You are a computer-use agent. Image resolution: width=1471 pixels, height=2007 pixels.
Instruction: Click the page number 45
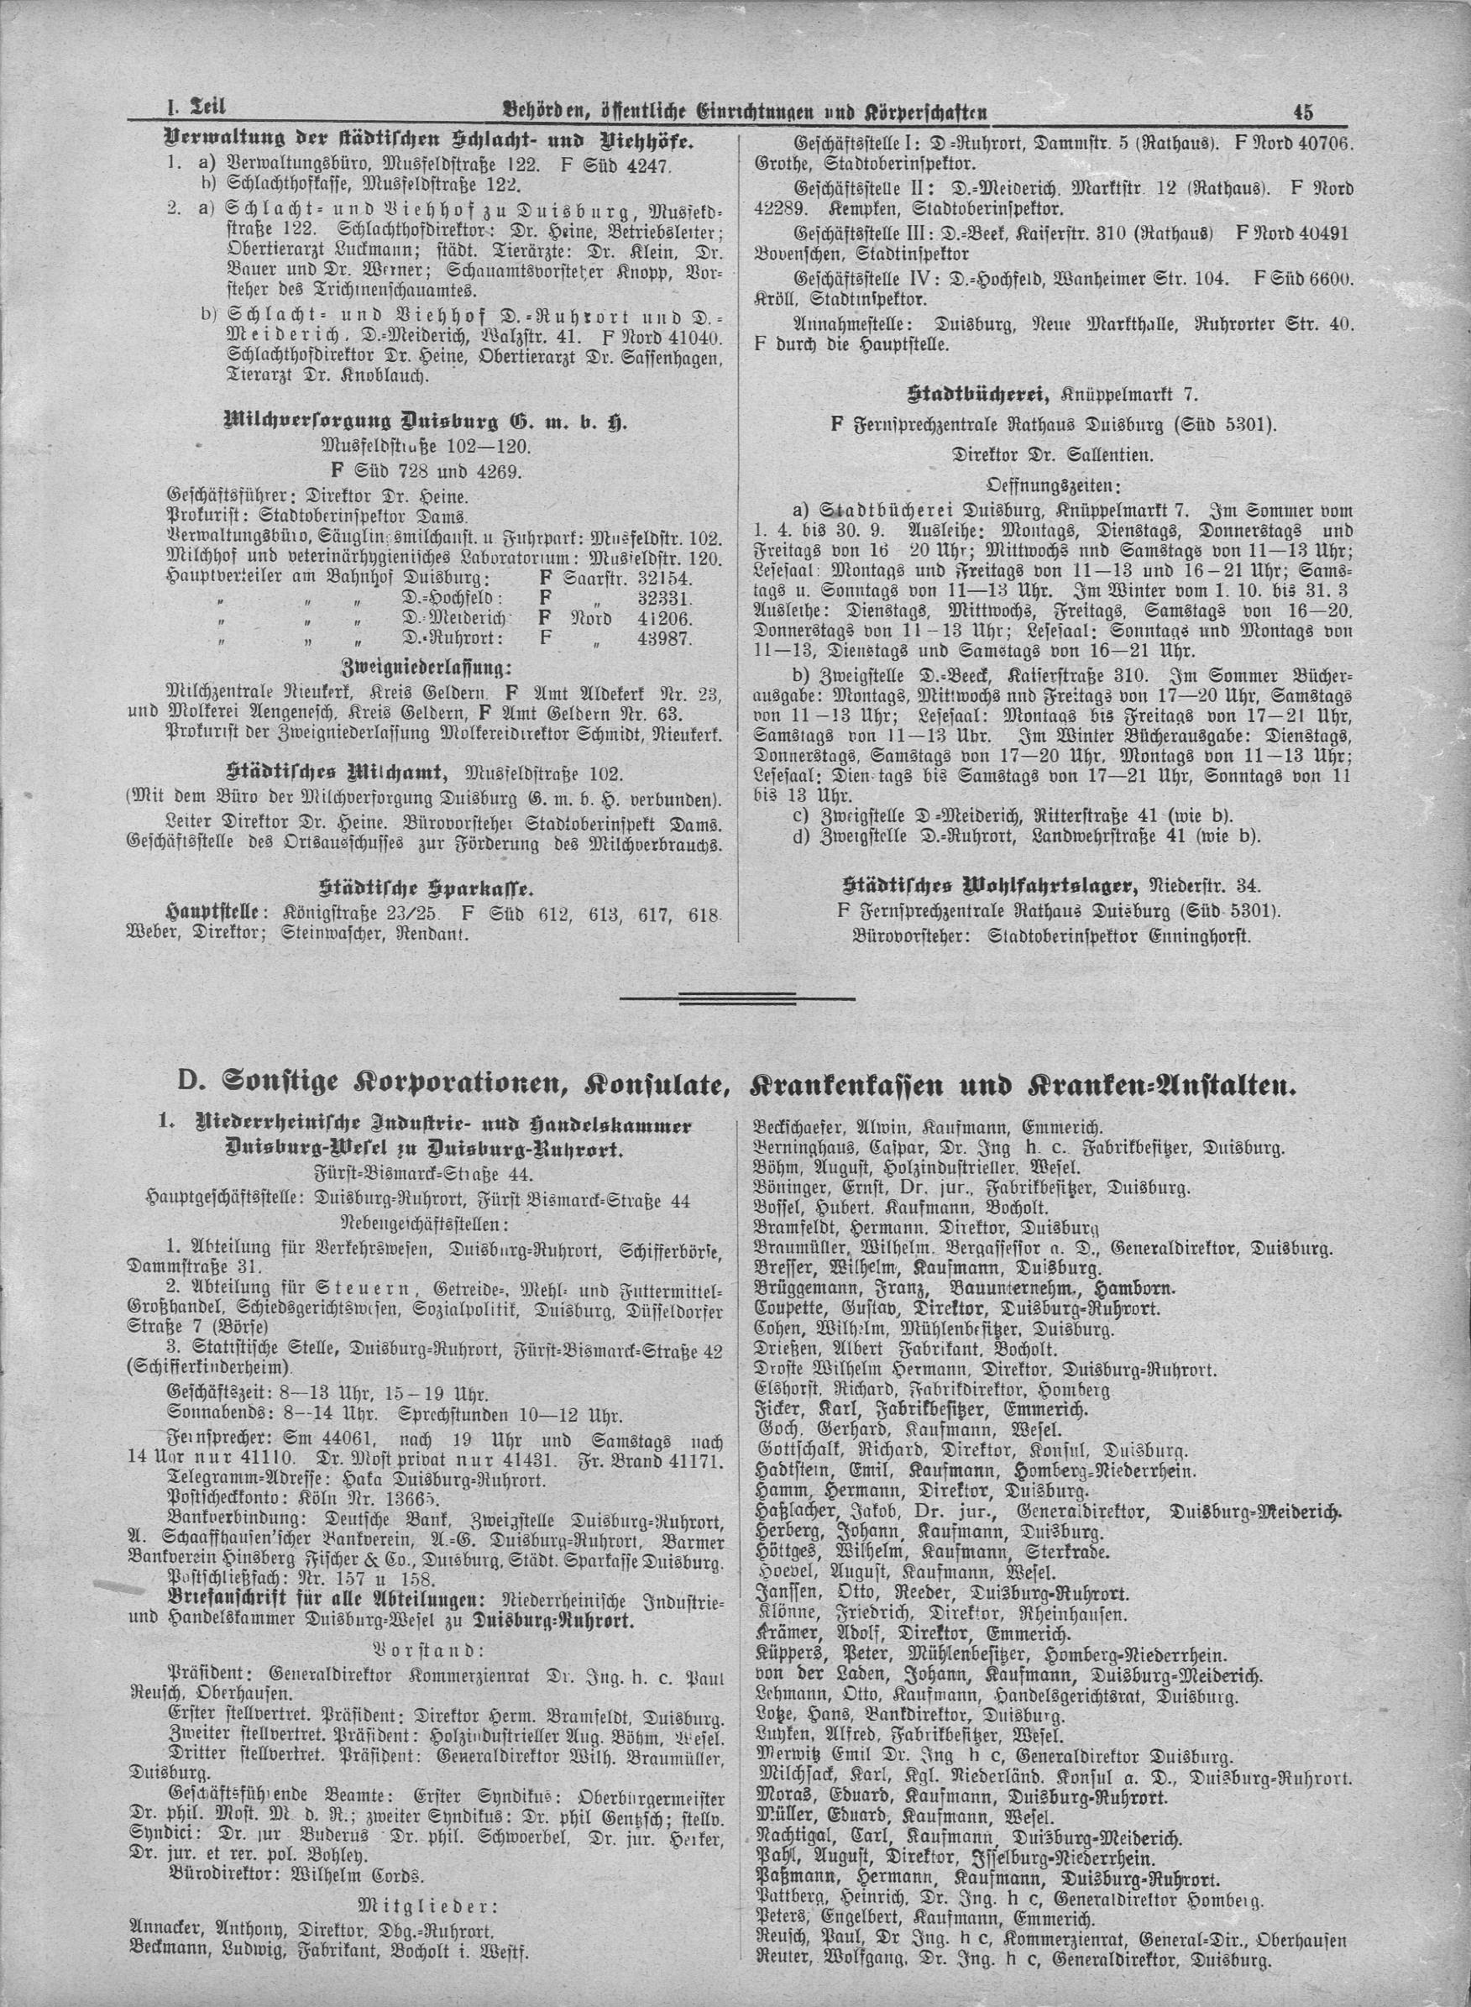pos(1304,113)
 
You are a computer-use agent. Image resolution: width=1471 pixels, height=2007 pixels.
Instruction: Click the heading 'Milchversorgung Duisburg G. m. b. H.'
pos(427,422)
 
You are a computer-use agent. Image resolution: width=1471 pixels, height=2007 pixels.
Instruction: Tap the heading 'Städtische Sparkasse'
pos(427,888)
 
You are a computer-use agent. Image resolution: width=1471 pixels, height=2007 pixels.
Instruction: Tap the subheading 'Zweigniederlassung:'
pos(427,667)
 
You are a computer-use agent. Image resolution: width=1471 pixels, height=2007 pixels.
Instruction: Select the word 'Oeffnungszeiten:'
pos(1054,485)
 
